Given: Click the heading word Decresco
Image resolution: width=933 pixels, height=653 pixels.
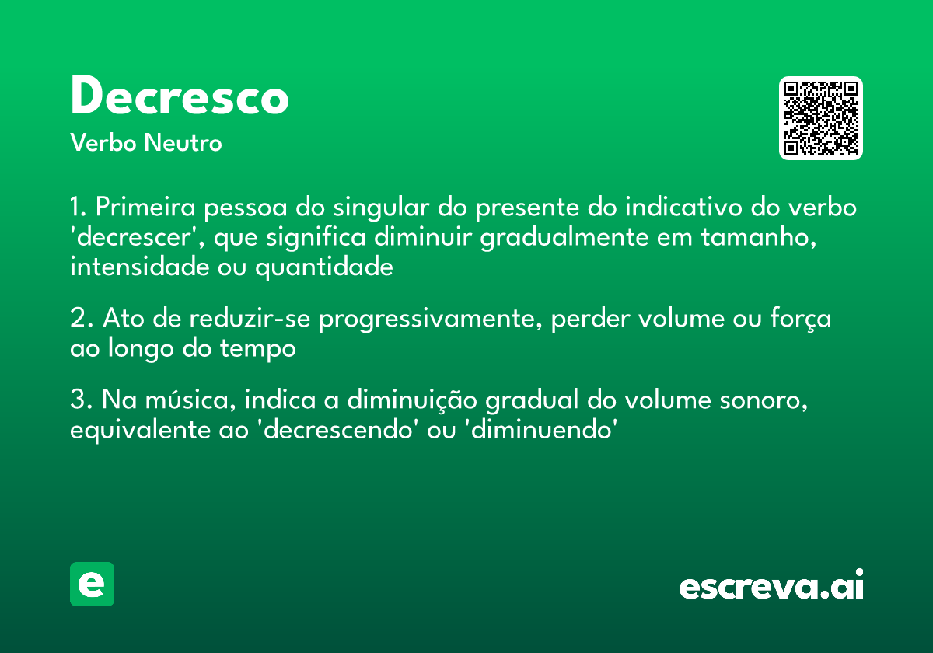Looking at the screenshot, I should (x=179, y=97).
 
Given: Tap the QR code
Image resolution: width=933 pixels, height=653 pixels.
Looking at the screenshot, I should (x=821, y=118).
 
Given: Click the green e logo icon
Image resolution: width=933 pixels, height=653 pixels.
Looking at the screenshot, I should (x=92, y=584).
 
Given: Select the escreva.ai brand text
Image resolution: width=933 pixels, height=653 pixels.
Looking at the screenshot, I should (x=771, y=586).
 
